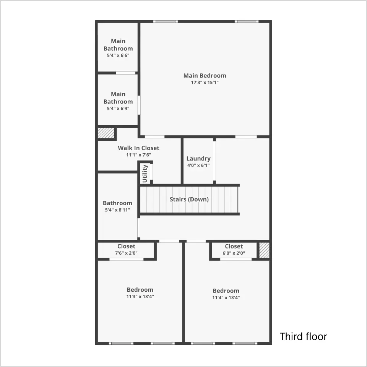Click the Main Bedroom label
pos(205,76)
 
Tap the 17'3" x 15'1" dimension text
pos(205,83)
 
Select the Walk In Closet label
pos(138,148)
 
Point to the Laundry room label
pos(198,158)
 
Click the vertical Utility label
pos(145,174)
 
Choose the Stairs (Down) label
pos(189,199)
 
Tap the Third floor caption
pos(303,336)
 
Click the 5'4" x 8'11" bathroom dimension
pos(117,210)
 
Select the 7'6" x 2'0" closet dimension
pos(126,253)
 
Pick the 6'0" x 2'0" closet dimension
pos(234,253)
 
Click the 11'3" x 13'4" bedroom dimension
pos(140,297)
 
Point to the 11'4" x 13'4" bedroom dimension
pos(226,298)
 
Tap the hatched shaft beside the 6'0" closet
pos(264,250)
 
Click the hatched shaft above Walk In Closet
pos(106,133)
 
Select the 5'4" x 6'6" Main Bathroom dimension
pos(118,55)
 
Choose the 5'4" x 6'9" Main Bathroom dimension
pos(118,109)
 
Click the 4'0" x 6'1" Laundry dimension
pos(198,166)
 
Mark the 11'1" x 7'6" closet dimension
pos(138,155)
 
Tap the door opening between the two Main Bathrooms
pos(126,73)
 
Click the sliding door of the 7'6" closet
pos(127,259)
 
